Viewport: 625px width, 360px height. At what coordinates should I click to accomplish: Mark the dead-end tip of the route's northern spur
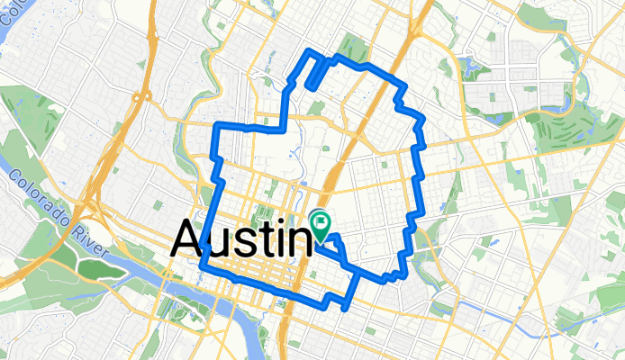[308, 87]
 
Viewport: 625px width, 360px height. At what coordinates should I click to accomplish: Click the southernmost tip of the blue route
[347, 307]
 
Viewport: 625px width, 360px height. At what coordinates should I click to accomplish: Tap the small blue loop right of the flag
[333, 241]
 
